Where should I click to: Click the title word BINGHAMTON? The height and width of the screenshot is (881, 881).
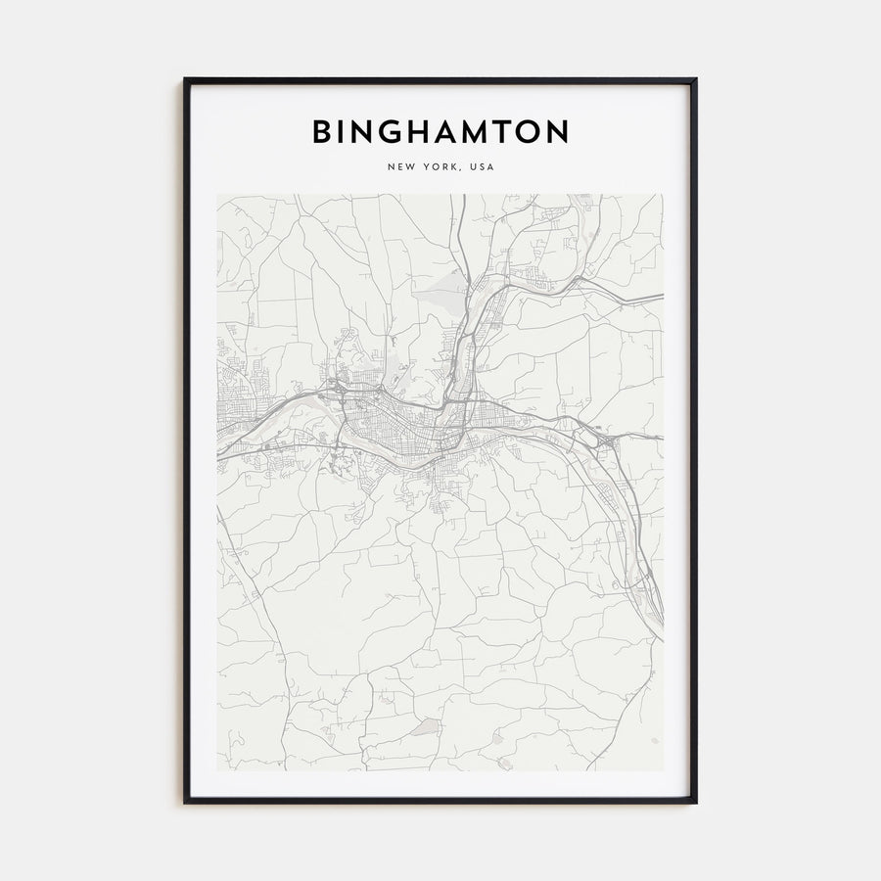(x=440, y=132)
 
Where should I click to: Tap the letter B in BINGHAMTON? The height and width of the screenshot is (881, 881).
(x=322, y=132)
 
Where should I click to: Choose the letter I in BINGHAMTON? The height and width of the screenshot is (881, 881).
(x=343, y=132)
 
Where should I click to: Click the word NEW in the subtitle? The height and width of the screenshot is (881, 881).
(x=401, y=167)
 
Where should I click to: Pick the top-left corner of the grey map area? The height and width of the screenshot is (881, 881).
(x=218, y=195)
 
